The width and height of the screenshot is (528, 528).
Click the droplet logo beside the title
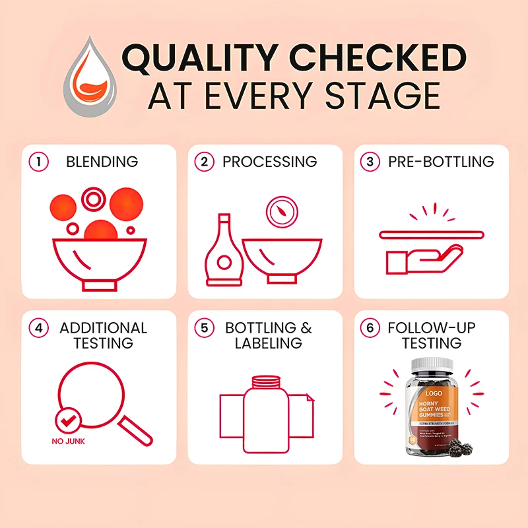tap(92, 75)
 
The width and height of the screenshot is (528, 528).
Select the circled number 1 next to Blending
tap(40, 162)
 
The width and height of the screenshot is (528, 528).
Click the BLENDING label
tap(102, 162)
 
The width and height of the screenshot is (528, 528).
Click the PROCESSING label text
tap(269, 162)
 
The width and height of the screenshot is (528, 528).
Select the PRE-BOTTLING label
tap(442, 162)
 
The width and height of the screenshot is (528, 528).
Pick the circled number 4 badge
tap(40, 328)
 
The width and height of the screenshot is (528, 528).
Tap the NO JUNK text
tap(67, 442)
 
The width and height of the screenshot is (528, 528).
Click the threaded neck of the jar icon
tap(266, 381)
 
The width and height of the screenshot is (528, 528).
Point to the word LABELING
tap(269, 343)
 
